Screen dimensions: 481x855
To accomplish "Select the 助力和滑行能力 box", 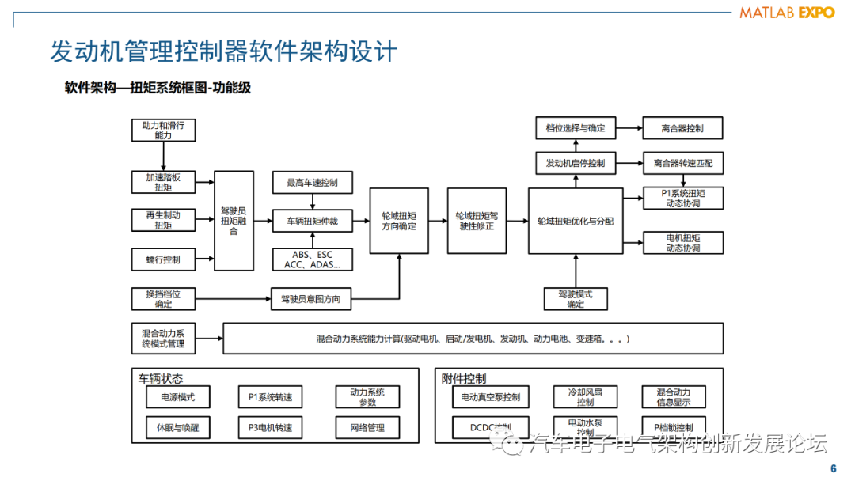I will pyautogui.click(x=163, y=131).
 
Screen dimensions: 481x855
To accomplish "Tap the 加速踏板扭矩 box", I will pyautogui.click(x=163, y=182).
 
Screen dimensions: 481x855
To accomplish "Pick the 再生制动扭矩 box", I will pyautogui.click(x=163, y=220).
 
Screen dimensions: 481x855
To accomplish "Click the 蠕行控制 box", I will pyautogui.click(x=163, y=259).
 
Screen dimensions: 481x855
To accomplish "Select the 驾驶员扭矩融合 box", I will pyautogui.click(x=234, y=221).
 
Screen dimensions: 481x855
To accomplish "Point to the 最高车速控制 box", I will pyautogui.click(x=312, y=183).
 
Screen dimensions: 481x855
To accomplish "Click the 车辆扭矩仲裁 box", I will pyautogui.click(x=312, y=222).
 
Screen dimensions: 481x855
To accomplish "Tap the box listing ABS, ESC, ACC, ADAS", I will pyautogui.click(x=312, y=259).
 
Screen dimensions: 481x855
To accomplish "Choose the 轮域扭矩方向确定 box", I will pyautogui.click(x=399, y=221).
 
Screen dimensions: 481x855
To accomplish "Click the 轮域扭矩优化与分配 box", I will pyautogui.click(x=576, y=221).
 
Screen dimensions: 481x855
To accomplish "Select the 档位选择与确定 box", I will pyautogui.click(x=576, y=128).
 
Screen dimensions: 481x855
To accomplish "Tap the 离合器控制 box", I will pyautogui.click(x=682, y=128).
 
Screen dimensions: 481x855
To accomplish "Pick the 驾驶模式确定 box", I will pyautogui.click(x=576, y=298).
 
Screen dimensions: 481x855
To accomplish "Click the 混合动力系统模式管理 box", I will pyautogui.click(x=163, y=338).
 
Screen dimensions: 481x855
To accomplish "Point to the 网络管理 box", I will pyautogui.click(x=367, y=427).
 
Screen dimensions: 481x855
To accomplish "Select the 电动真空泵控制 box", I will pyautogui.click(x=490, y=396).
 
